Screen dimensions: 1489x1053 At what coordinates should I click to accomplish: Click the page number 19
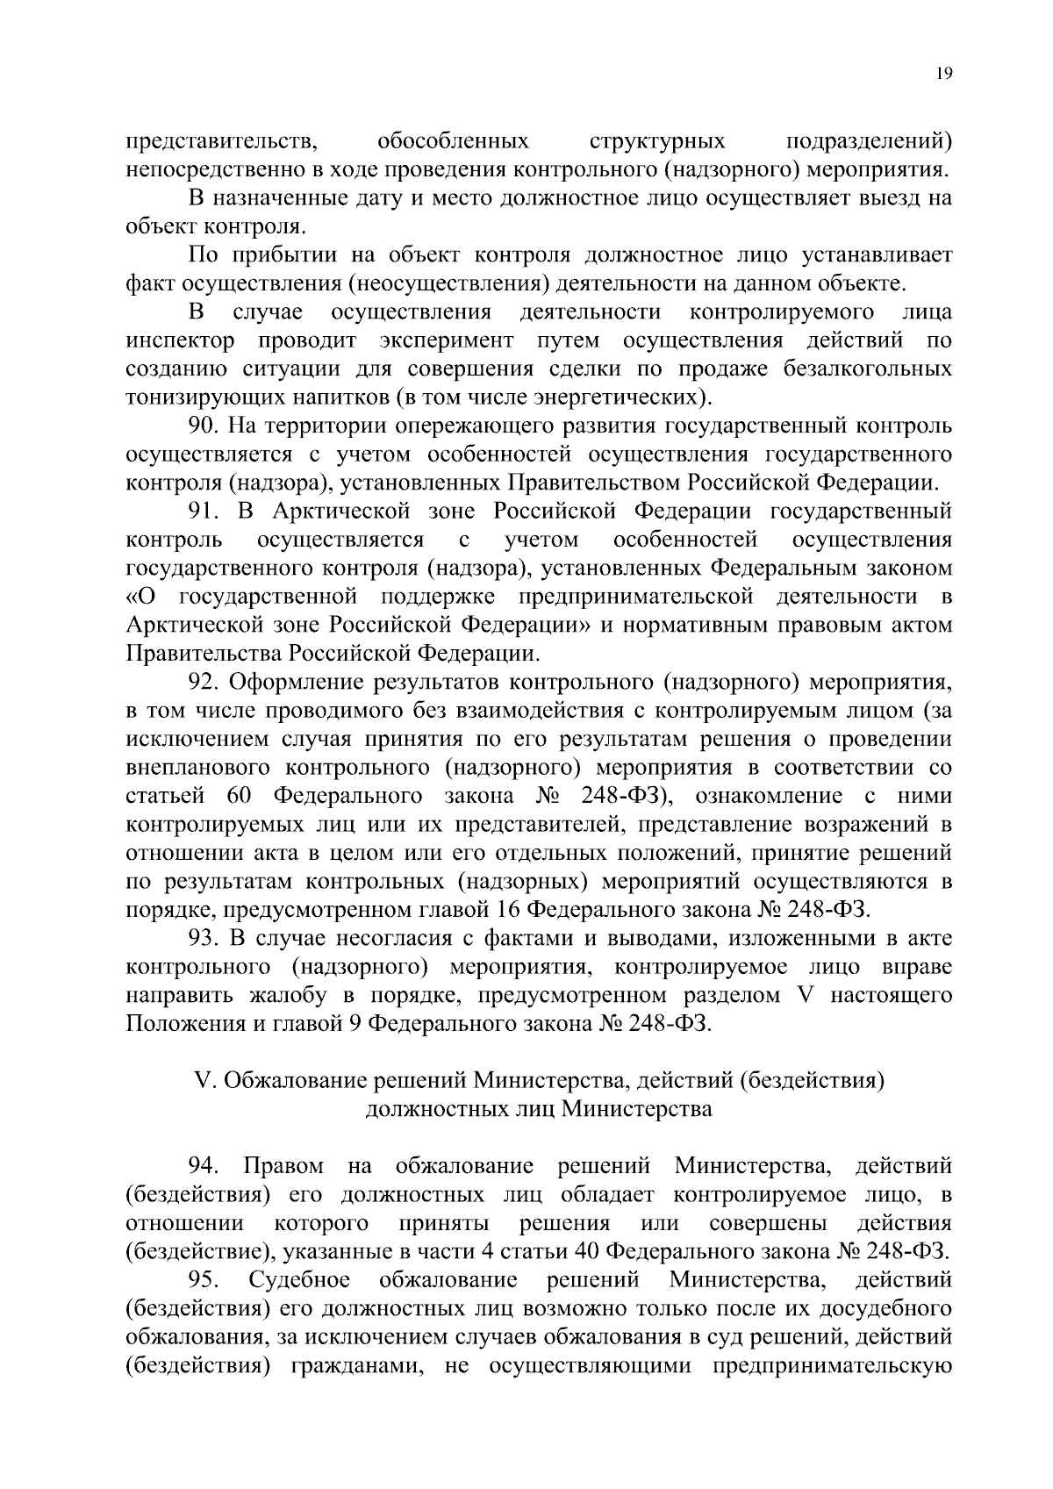click(x=943, y=75)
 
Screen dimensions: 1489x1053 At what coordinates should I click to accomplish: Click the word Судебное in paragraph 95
click(x=300, y=1281)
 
